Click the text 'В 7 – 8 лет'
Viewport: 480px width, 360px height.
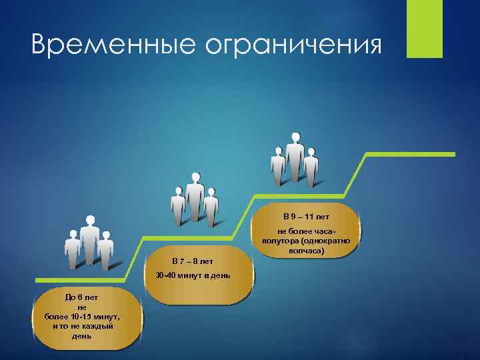tap(192, 261)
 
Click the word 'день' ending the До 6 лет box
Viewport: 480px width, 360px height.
tap(82, 336)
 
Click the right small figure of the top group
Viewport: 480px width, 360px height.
tap(311, 166)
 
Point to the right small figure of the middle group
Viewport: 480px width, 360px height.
tap(211, 206)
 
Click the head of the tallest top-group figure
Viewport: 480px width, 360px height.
tap(295, 137)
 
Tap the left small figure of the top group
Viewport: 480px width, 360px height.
tap(278, 166)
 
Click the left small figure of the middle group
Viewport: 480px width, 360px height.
tap(178, 206)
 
